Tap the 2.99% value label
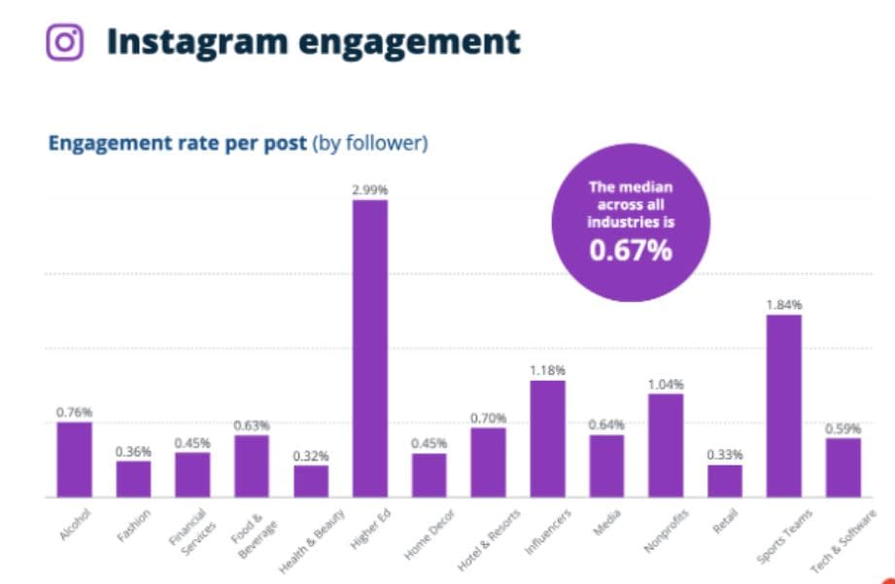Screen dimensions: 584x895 click(x=369, y=189)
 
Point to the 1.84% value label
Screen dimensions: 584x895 click(x=783, y=304)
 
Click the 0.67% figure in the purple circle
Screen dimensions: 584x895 click(x=631, y=251)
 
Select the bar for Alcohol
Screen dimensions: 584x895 click(x=74, y=459)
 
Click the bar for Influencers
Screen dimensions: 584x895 click(x=547, y=438)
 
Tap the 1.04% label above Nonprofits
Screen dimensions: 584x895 click(x=666, y=384)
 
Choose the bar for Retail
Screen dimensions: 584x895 click(x=724, y=480)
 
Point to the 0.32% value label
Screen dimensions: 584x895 click(x=311, y=455)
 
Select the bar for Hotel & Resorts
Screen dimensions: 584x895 click(x=488, y=462)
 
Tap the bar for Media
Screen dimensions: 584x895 click(x=606, y=464)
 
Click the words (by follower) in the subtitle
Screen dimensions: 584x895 click(x=369, y=144)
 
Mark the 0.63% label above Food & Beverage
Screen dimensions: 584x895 click(x=252, y=425)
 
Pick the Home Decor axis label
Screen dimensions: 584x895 click(x=426, y=530)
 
